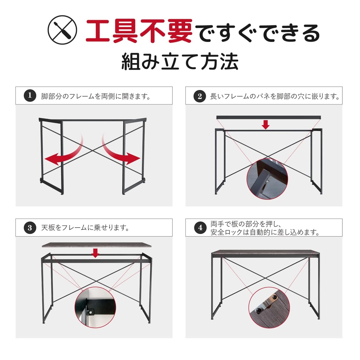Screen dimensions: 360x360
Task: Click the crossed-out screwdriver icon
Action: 62,30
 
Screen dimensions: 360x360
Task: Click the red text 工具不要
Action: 139,31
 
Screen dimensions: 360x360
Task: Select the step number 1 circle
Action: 30,96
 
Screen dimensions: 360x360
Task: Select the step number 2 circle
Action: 200,96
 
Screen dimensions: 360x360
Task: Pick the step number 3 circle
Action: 30,228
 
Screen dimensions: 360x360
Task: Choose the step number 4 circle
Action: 200,228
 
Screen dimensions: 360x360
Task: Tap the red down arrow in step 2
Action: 265,125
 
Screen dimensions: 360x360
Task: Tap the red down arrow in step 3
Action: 96,253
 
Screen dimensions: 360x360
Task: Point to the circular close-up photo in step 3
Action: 95,307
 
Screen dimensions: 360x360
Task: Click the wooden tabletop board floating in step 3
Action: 96,245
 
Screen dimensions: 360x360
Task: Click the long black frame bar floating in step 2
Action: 269,118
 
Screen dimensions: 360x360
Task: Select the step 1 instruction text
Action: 96,96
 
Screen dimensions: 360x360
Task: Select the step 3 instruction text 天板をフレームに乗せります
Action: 85,228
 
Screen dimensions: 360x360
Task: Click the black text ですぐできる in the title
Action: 257,33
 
